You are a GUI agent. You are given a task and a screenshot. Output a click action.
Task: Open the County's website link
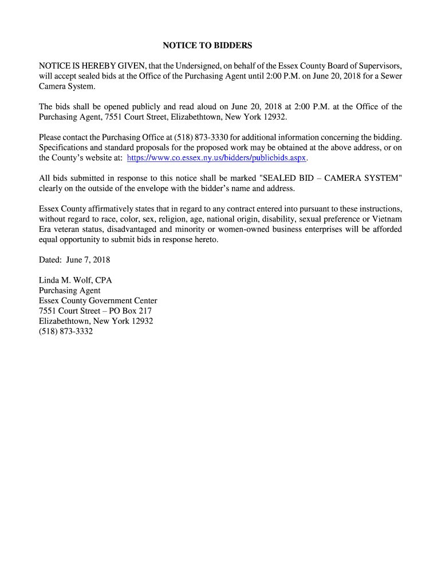[217, 157]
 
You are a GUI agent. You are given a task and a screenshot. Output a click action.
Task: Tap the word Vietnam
[387, 219]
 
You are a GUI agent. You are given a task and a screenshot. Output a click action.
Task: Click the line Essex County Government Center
[98, 301]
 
